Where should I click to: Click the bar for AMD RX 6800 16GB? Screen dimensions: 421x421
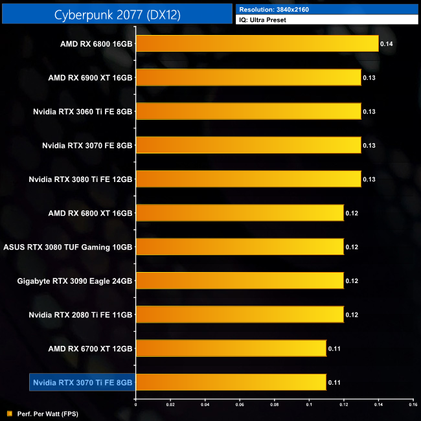[256, 44]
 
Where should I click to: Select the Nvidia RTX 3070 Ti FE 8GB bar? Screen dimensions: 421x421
[231, 382]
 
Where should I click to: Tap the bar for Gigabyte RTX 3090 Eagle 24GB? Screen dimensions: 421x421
[239, 280]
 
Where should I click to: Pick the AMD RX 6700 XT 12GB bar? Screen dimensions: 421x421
[231, 348]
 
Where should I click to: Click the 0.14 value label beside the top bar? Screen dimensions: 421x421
[387, 44]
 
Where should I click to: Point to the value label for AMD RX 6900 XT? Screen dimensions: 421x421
[369, 78]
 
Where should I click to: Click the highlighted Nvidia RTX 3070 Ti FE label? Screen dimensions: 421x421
[82, 383]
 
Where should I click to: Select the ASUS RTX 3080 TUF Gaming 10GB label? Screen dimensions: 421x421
[68, 247]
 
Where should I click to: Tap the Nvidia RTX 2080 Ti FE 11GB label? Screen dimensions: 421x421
[80, 315]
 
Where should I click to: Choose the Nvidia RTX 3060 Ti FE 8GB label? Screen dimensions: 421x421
[83, 111]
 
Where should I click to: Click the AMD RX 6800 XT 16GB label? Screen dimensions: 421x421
[90, 213]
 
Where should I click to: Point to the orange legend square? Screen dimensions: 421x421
[8, 413]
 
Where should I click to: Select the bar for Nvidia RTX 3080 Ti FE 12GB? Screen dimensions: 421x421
[248, 179]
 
